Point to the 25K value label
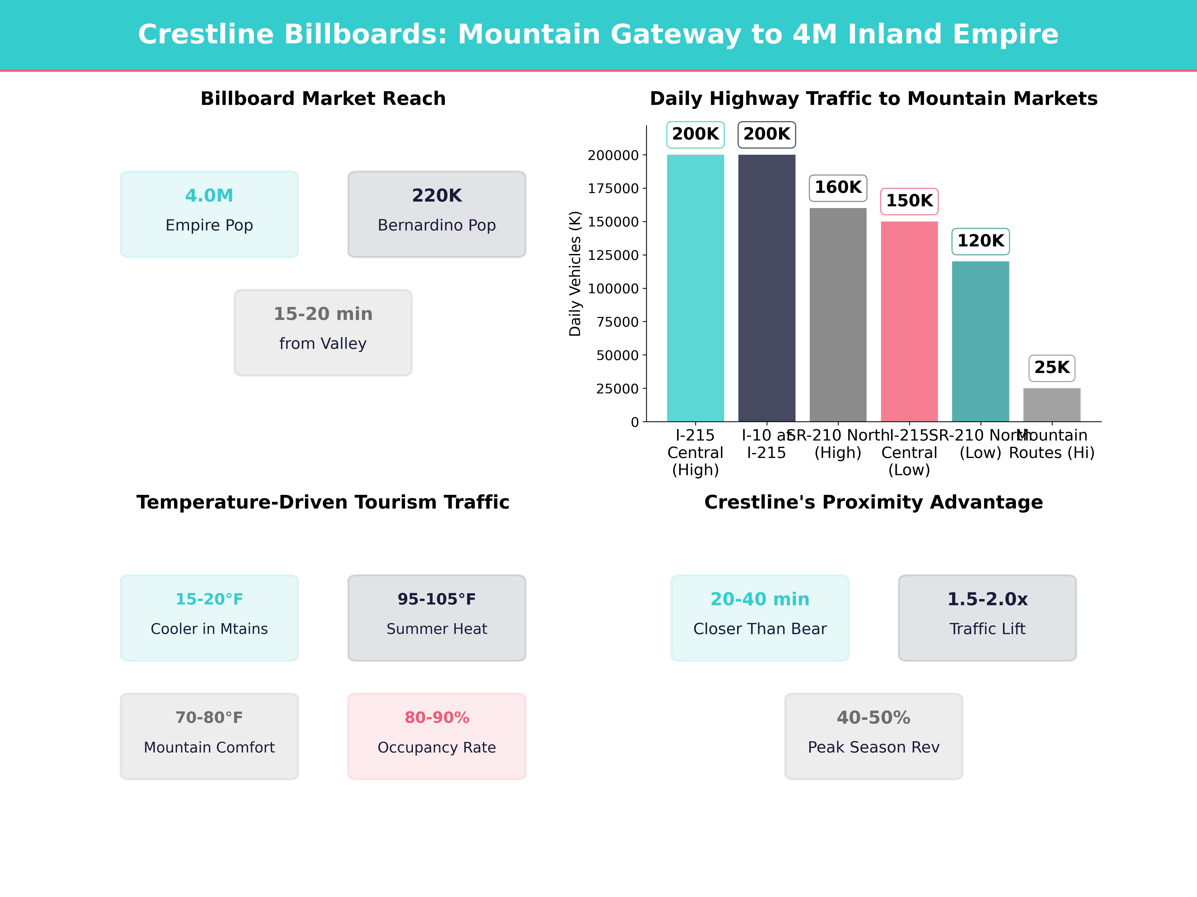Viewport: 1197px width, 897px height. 1051,368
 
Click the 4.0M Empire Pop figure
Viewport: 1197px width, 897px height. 209,196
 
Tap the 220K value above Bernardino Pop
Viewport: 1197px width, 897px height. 437,196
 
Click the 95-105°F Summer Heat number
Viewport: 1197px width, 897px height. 437,599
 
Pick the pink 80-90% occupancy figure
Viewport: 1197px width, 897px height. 437,718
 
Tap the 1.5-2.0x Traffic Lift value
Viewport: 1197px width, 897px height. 987,599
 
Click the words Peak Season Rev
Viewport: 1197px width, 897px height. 873,747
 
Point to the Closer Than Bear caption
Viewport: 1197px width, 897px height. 760,629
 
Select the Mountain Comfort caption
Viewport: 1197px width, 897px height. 209,747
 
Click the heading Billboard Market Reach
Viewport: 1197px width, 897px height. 323,99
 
